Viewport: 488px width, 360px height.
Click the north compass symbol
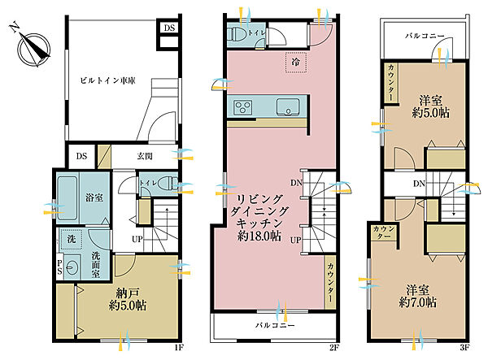(x=33, y=49)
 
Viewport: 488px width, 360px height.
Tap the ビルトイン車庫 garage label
(x=107, y=80)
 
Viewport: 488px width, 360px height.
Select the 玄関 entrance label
(x=145, y=156)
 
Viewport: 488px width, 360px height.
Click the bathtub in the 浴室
(x=68, y=197)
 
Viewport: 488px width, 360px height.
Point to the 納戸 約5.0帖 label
(x=128, y=299)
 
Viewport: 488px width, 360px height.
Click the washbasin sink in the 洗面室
(x=72, y=267)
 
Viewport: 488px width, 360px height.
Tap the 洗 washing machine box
(x=72, y=240)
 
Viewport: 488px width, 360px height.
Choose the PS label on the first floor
(x=59, y=267)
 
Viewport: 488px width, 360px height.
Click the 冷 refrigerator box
(x=296, y=63)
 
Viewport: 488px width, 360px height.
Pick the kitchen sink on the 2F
(x=288, y=107)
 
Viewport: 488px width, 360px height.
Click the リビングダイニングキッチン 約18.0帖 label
(x=259, y=218)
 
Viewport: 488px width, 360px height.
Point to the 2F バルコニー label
(x=275, y=326)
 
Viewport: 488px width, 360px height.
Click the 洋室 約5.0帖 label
(x=431, y=106)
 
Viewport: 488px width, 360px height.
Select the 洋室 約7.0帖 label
(x=418, y=297)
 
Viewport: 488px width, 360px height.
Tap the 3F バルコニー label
(x=425, y=36)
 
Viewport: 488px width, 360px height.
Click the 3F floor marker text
(x=464, y=348)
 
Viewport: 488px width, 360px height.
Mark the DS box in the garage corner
(x=169, y=28)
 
